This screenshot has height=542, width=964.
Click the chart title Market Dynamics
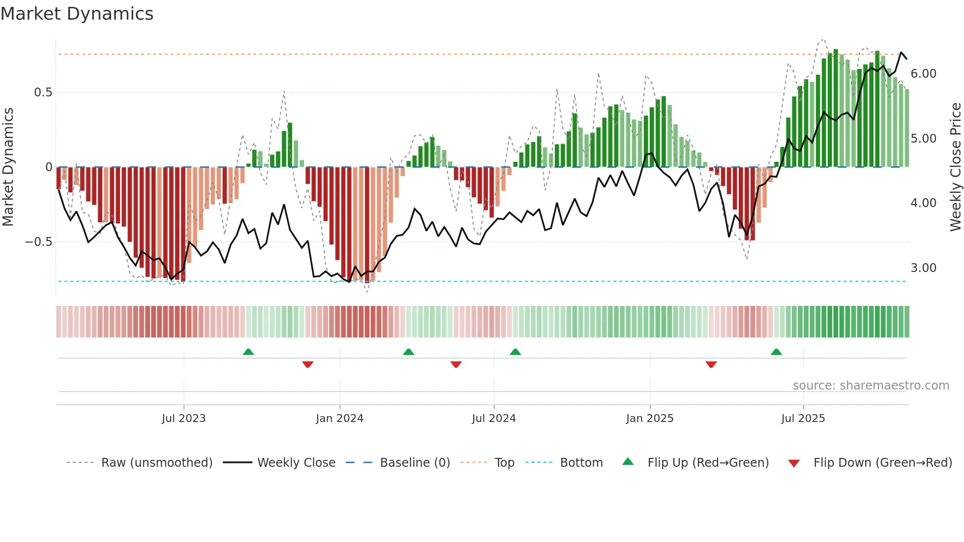(77, 14)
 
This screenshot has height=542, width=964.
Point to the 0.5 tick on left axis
(43, 92)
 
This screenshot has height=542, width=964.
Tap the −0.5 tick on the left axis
(39, 242)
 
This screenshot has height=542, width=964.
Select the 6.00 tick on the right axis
(923, 74)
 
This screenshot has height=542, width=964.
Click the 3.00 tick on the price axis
(923, 268)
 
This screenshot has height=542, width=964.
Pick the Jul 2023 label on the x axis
(183, 419)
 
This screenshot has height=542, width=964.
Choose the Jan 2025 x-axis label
(649, 419)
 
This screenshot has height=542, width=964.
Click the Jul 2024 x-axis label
(493, 419)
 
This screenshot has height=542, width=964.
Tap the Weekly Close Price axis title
(955, 167)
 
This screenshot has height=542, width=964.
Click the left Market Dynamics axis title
(8, 167)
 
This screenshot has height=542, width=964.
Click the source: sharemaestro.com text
(871, 386)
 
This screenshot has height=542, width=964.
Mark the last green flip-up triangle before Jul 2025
(776, 352)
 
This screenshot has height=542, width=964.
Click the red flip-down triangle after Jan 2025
(711, 364)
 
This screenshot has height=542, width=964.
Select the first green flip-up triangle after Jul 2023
(248, 352)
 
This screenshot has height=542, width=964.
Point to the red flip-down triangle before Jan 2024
(308, 364)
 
